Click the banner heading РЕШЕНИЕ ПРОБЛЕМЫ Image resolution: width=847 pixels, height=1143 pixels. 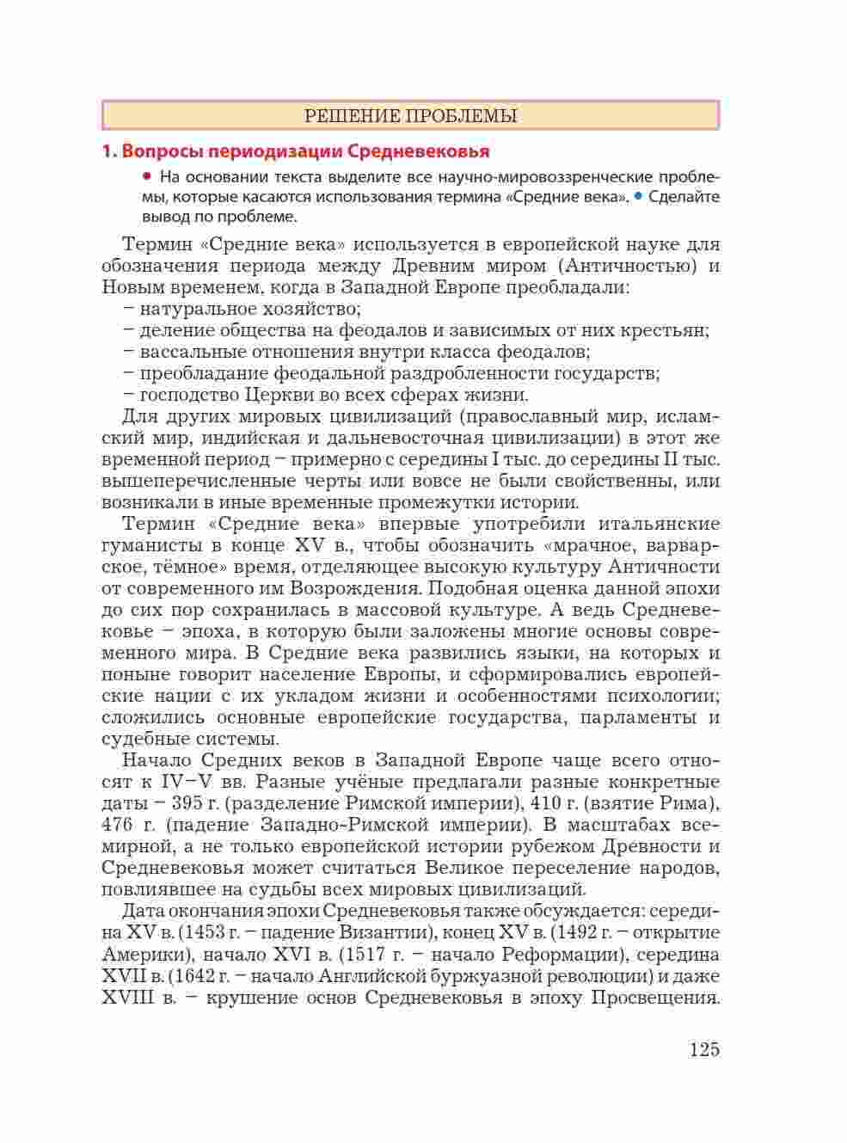[410, 116]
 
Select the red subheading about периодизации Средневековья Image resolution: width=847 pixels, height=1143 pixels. [295, 151]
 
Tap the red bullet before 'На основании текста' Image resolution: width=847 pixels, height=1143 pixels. [147, 176]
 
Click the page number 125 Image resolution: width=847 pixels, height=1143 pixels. [703, 1050]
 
